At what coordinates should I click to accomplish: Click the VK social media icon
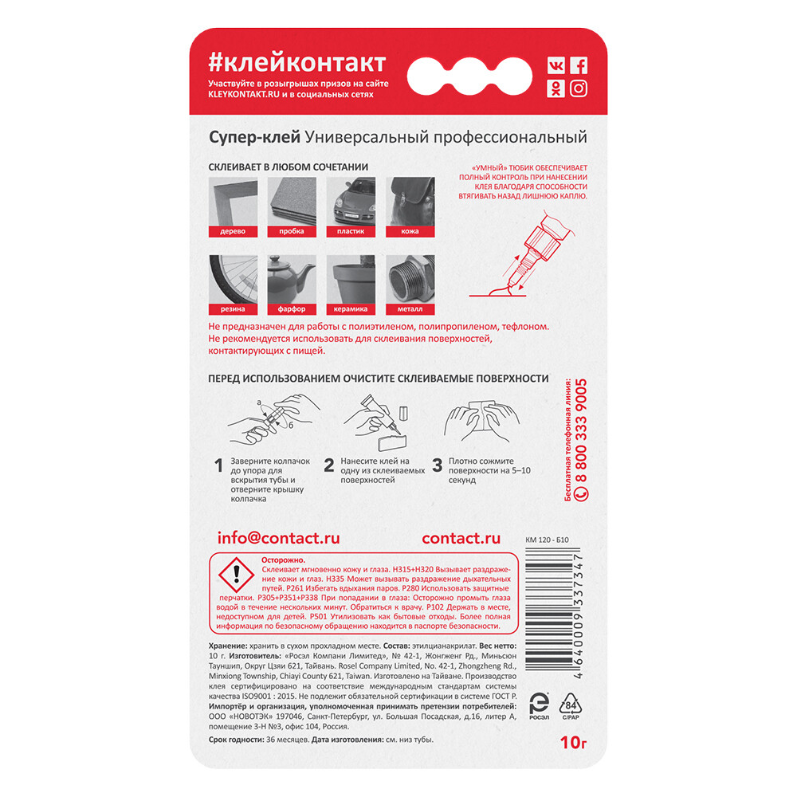click(x=556, y=65)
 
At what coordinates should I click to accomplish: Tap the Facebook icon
click(x=579, y=65)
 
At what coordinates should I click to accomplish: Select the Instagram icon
click(x=579, y=88)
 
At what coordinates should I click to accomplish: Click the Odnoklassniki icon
click(x=556, y=88)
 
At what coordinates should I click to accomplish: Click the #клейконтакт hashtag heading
click(x=297, y=64)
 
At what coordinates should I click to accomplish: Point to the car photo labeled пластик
click(x=351, y=202)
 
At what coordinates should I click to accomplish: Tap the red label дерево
click(x=233, y=231)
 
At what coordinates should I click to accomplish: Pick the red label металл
click(x=410, y=309)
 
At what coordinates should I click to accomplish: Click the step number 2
click(x=329, y=465)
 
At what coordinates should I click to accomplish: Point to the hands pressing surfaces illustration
click(x=482, y=422)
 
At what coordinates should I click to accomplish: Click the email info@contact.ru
click(x=278, y=538)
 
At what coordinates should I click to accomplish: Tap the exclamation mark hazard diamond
click(x=236, y=575)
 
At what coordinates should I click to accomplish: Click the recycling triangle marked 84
click(x=571, y=705)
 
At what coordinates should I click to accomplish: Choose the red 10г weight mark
click(x=573, y=743)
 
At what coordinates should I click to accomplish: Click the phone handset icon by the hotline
click(x=581, y=493)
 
